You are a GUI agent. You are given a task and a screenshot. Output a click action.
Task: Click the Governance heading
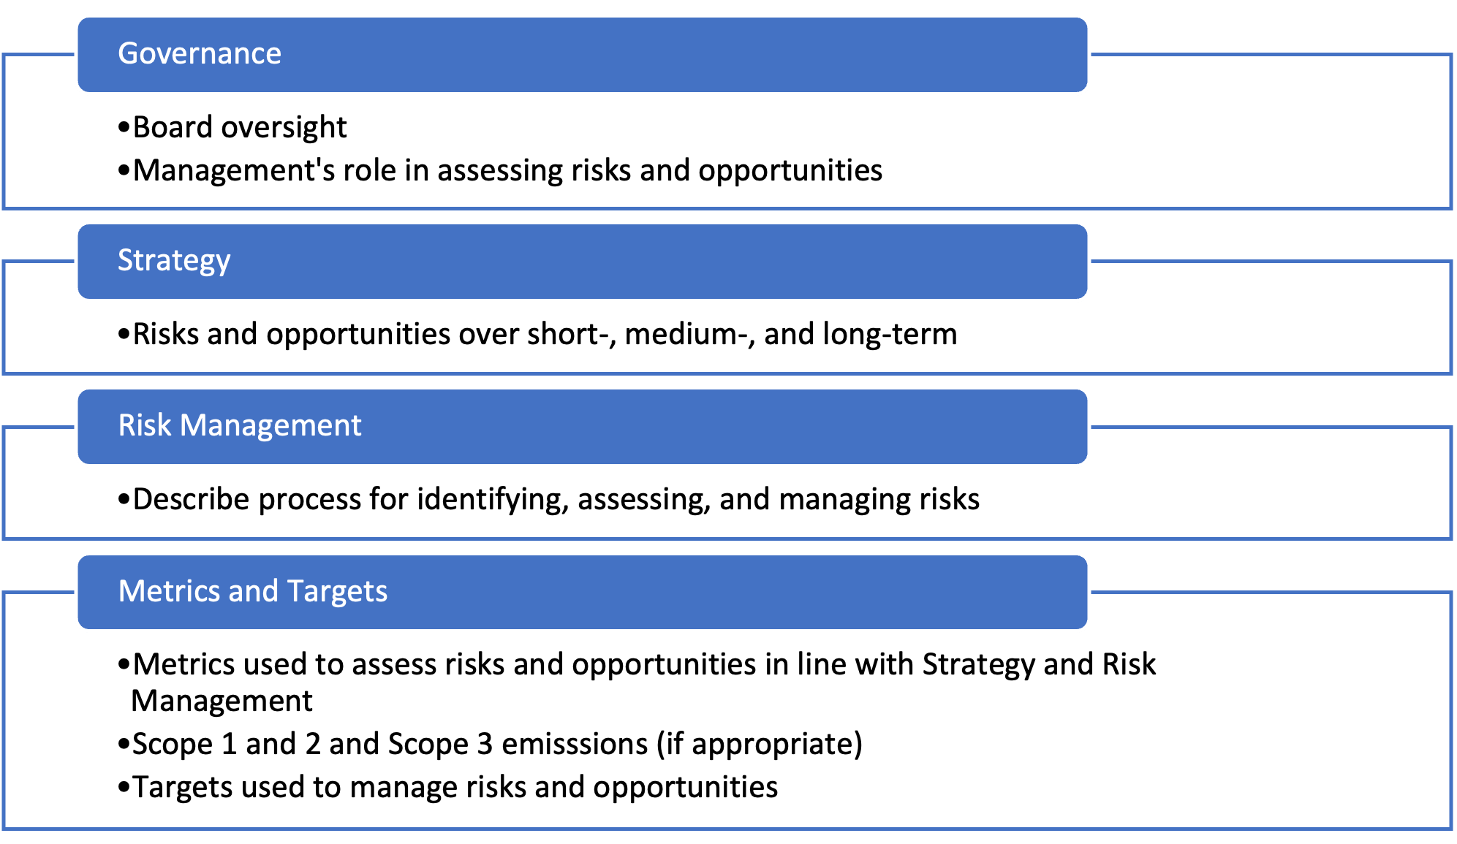(200, 53)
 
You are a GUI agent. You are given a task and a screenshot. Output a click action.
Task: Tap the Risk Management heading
(240, 426)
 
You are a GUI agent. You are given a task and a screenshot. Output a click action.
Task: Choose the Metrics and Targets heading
(253, 592)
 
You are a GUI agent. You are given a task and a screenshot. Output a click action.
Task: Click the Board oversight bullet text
(240, 128)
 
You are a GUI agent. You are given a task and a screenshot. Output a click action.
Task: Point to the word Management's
(234, 170)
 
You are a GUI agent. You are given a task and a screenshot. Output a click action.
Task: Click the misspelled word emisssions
(575, 745)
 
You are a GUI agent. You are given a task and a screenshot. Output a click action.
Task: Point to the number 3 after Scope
(485, 745)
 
